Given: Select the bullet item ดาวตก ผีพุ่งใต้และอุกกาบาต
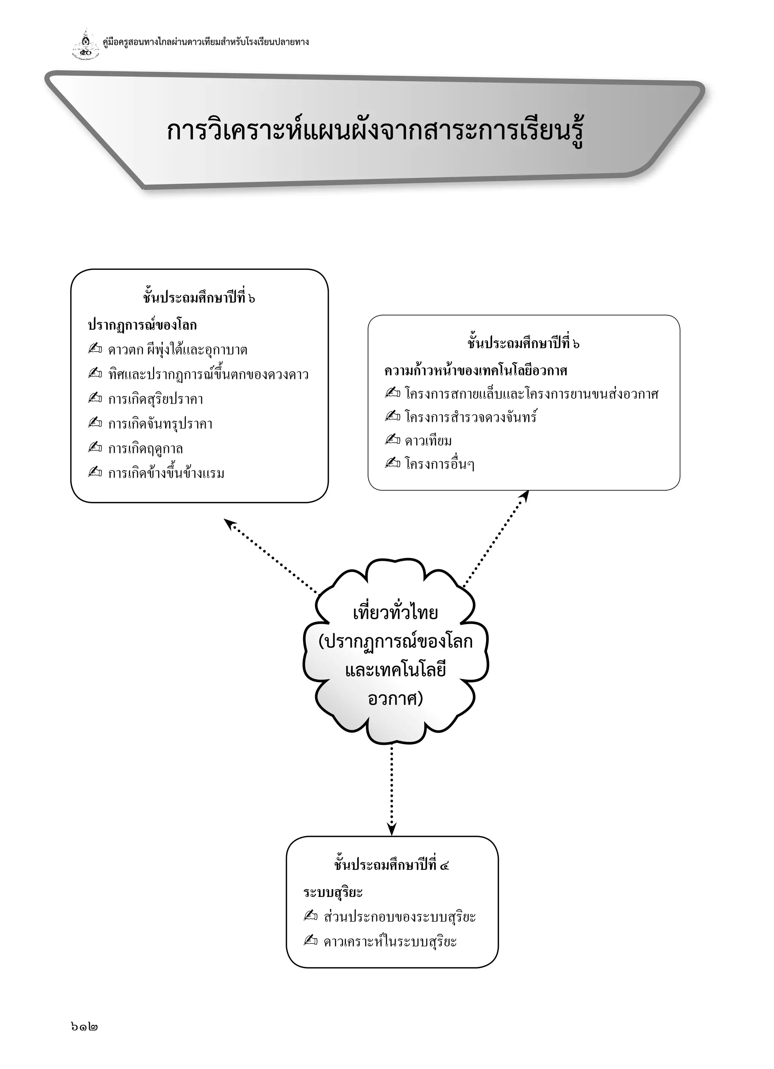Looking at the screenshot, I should point(178,350).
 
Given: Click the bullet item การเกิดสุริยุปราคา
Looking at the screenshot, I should point(156,399).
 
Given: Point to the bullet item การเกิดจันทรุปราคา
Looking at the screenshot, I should point(160,424).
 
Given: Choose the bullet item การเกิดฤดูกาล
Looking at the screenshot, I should point(145,449).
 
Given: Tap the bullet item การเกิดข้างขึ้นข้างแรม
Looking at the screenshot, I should point(166,473).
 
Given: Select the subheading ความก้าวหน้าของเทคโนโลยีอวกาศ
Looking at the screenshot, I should point(475,370).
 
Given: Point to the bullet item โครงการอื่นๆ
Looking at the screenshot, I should point(439,465).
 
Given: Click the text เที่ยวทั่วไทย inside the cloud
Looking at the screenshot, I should point(395,613).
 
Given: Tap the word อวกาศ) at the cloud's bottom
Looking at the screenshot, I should point(395,699).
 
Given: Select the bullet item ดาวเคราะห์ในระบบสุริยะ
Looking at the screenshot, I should point(390,942).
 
